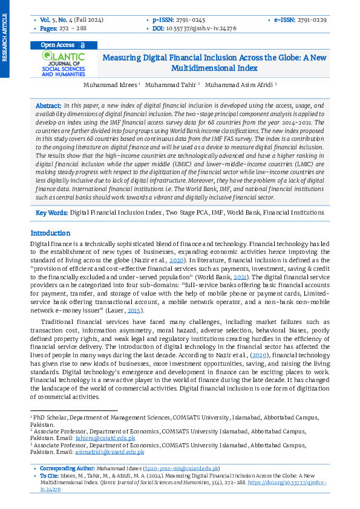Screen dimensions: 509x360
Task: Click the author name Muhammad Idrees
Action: click(x=110, y=85)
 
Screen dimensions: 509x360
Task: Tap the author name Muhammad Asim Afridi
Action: click(x=239, y=85)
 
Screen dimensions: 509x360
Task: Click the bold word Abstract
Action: click(x=48, y=105)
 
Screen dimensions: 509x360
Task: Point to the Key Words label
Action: click(x=51, y=213)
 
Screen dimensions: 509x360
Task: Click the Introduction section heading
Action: click(x=50, y=233)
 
